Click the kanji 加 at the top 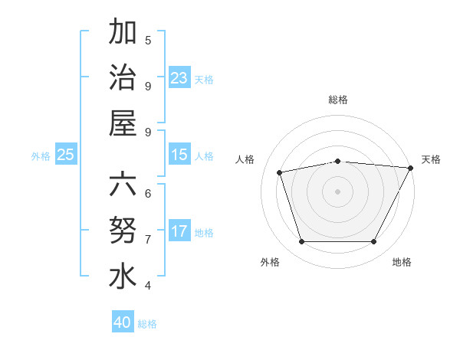(122, 33)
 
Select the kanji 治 (122, 77)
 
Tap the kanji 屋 (122, 123)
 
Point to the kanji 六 (122, 186)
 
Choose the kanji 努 (122, 231)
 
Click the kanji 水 (122, 277)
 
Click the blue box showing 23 (179, 78)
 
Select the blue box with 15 (179, 155)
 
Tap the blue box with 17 (179, 231)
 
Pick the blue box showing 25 (65, 155)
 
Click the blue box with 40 (122, 322)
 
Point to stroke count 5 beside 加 (148, 40)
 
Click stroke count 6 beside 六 (148, 193)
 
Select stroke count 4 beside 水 (148, 285)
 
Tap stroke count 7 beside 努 (148, 239)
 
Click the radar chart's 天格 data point (410, 169)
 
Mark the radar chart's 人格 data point (280, 172)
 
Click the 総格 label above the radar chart (337, 100)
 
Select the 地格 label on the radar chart (402, 263)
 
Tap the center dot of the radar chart (337, 191)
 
